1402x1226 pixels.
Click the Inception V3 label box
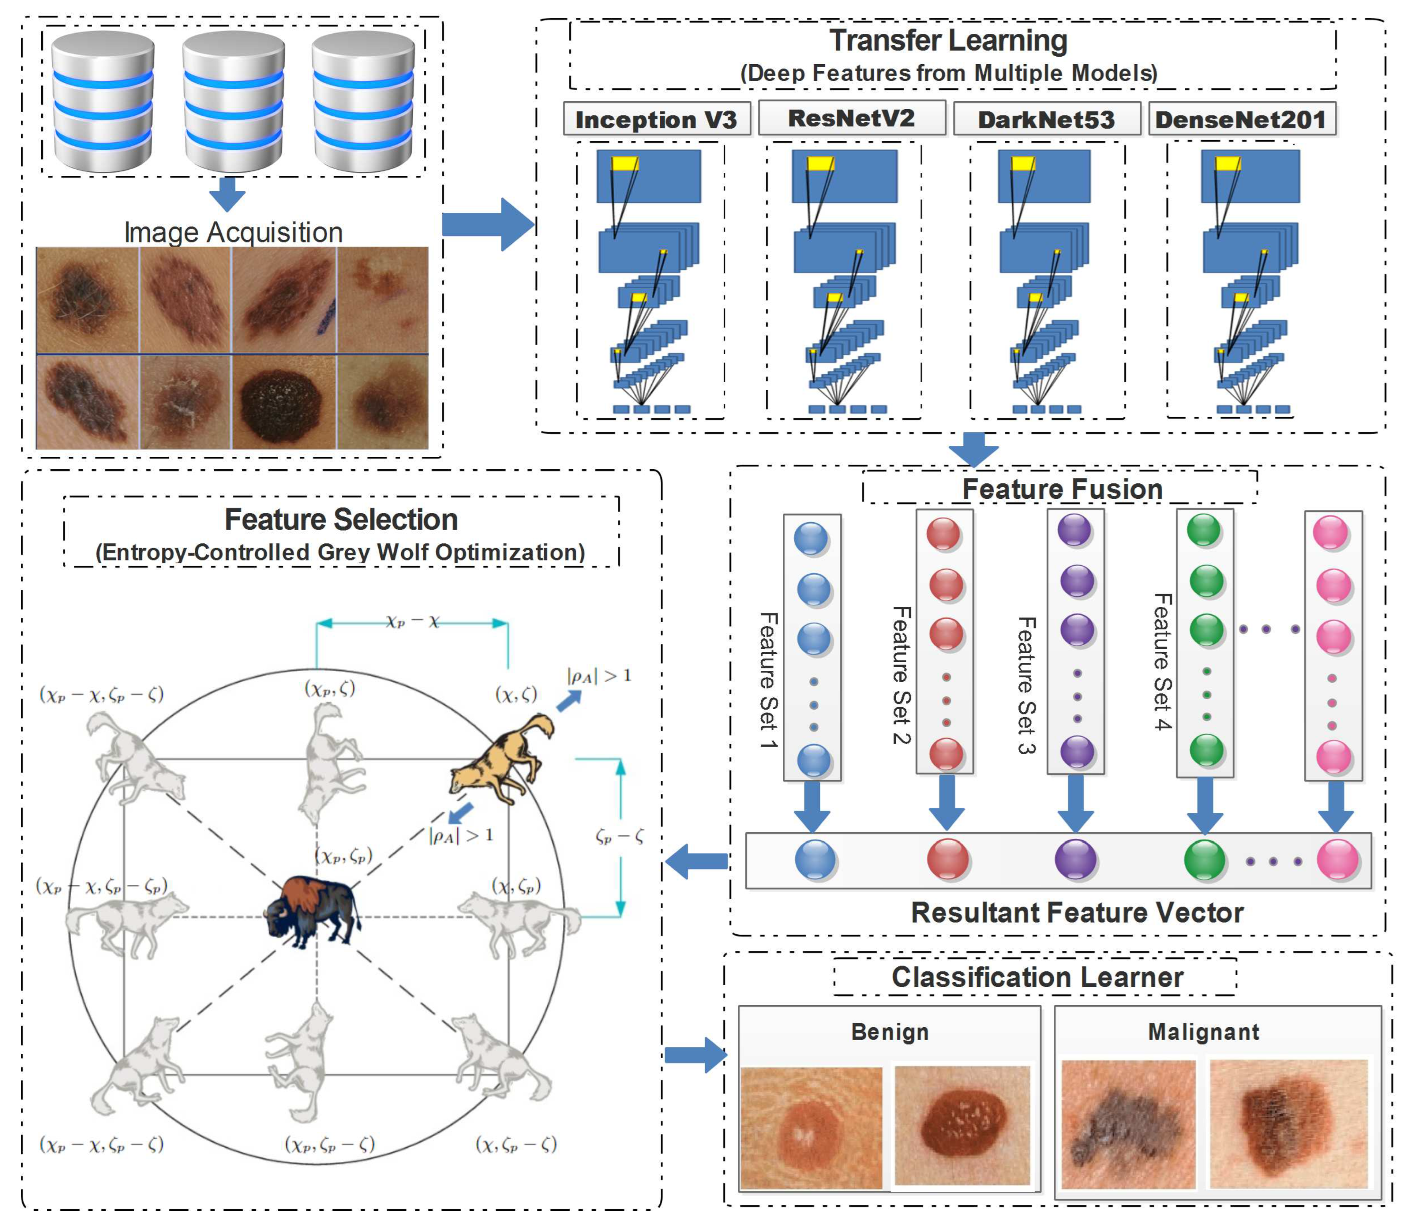(656, 120)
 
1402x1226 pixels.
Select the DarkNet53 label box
(1045, 120)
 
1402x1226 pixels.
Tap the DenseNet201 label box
(1241, 120)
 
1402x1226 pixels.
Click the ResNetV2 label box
(851, 118)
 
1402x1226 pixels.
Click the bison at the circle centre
(314, 910)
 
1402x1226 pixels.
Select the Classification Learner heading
(1036, 977)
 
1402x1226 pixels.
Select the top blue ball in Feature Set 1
(811, 538)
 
